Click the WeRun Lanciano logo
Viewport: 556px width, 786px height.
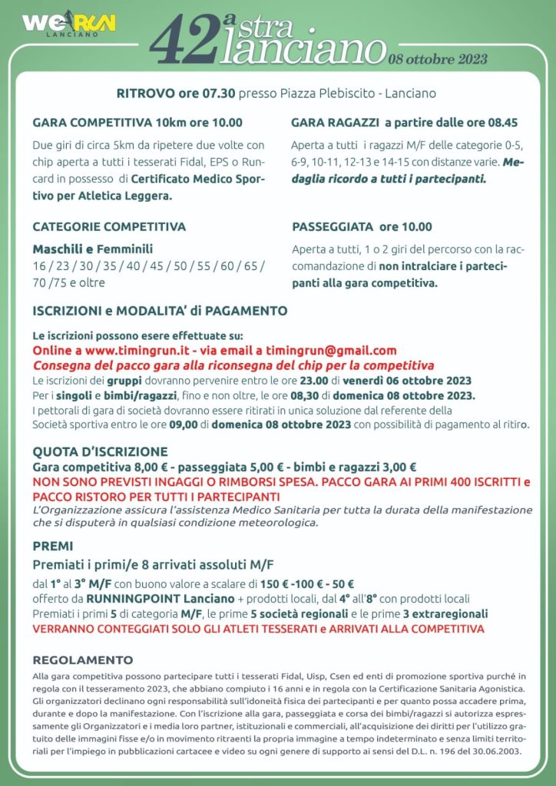(x=69, y=25)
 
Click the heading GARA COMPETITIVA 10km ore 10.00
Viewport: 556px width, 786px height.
(x=137, y=122)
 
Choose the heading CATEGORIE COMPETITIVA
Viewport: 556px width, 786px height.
(x=109, y=226)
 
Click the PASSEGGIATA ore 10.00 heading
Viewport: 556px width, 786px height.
(x=362, y=226)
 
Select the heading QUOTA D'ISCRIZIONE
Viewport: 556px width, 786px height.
(x=100, y=451)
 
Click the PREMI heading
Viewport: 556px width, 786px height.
(x=53, y=546)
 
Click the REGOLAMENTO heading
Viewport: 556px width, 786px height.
(x=83, y=660)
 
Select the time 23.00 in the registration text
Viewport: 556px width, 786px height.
(x=314, y=380)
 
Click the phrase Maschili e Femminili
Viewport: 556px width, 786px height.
(x=92, y=249)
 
